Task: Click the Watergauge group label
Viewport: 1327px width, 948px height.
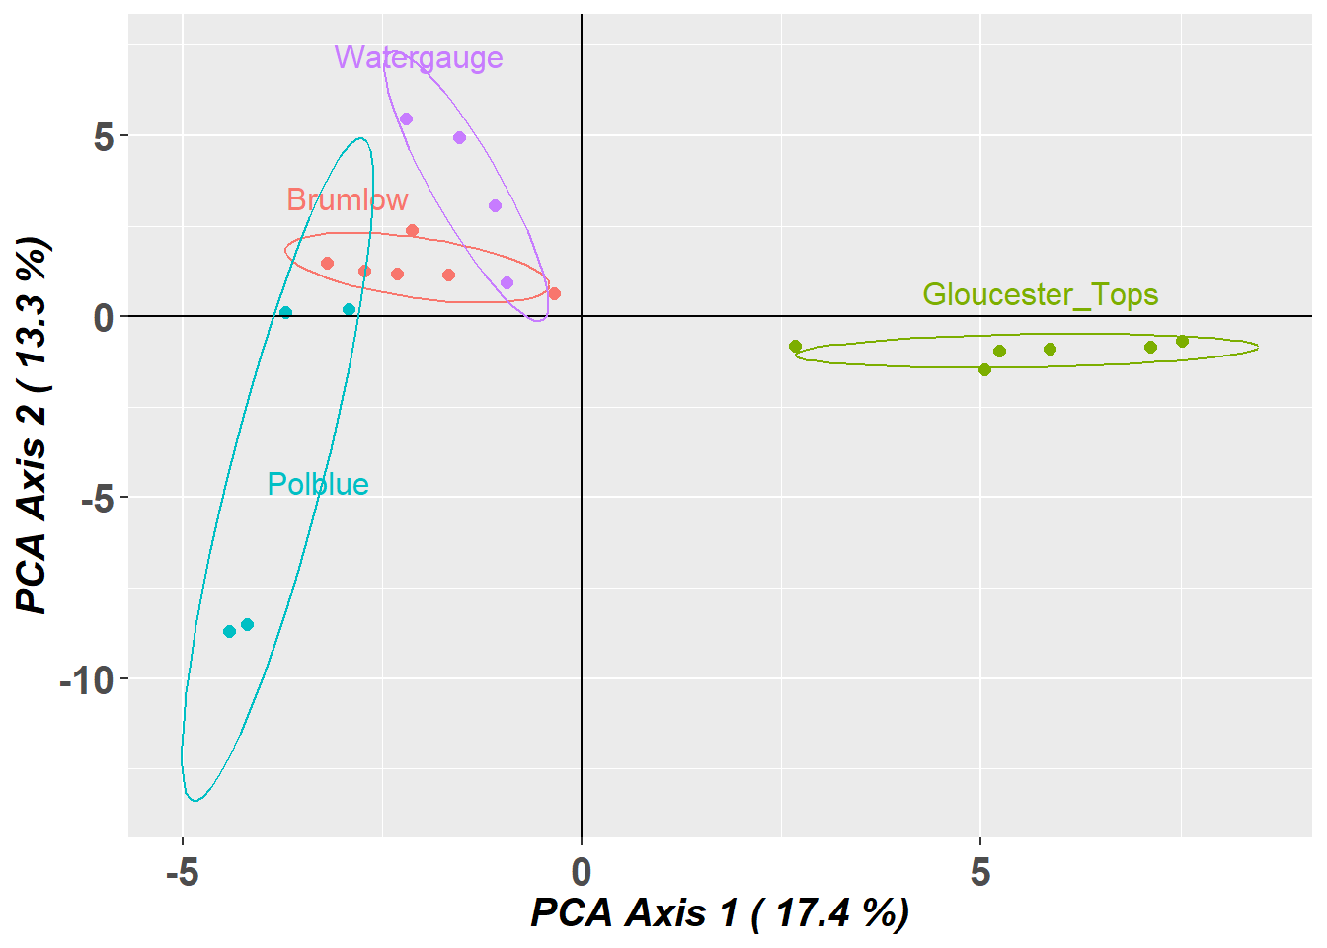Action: click(419, 58)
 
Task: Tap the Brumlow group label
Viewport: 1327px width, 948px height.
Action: click(348, 200)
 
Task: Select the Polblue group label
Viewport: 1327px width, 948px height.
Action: click(318, 484)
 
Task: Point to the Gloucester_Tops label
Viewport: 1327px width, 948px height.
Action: click(1041, 295)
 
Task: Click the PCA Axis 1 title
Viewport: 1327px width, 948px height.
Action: click(720, 913)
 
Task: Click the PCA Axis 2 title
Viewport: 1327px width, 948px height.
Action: click(33, 425)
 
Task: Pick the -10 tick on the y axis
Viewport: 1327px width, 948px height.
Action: click(87, 679)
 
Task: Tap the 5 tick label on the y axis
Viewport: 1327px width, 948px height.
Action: click(104, 137)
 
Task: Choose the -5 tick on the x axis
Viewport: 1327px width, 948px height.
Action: click(182, 873)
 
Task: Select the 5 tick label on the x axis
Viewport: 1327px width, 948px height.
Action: click(979, 873)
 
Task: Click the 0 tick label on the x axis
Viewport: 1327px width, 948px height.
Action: click(581, 873)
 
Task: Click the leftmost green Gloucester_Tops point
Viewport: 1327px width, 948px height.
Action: click(795, 347)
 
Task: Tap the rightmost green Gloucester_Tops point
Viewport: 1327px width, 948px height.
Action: click(1182, 342)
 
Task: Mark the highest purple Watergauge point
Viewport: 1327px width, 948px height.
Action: click(406, 119)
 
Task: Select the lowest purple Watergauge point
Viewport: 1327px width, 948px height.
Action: click(507, 283)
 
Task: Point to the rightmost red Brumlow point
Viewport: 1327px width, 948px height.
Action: click(554, 294)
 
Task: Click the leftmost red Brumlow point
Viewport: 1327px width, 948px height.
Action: click(327, 264)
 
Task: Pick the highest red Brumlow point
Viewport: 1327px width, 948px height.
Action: click(412, 231)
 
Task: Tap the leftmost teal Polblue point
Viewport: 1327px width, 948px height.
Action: click(229, 632)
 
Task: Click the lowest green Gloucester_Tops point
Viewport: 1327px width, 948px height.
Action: click(984, 370)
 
